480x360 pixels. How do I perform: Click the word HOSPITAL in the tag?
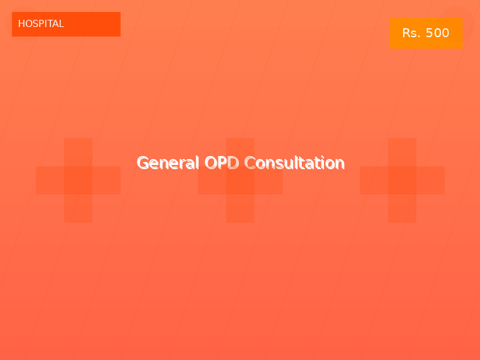(x=41, y=24)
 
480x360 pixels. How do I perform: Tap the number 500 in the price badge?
(x=437, y=33)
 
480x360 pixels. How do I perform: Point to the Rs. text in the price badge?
(x=412, y=33)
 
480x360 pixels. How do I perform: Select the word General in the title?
(x=168, y=163)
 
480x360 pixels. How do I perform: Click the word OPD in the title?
(x=221, y=163)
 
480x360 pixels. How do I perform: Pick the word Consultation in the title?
(x=295, y=163)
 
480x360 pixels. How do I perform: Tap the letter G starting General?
(x=143, y=163)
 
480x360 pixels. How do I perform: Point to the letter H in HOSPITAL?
(x=22, y=24)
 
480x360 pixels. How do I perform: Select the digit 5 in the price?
(x=429, y=33)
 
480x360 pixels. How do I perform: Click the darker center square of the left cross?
(x=78, y=180)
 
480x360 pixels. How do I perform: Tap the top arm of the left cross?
(x=78, y=152)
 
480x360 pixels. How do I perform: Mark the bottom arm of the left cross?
(x=78, y=208)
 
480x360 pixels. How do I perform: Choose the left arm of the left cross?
(x=50, y=180)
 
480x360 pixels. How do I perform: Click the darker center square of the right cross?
(x=402, y=180)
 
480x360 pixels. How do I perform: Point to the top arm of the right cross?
(x=402, y=152)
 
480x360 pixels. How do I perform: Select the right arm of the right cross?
(x=430, y=180)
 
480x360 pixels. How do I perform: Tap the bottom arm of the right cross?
(x=402, y=208)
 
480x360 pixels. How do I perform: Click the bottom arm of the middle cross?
(x=240, y=208)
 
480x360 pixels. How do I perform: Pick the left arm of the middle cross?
(x=212, y=180)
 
